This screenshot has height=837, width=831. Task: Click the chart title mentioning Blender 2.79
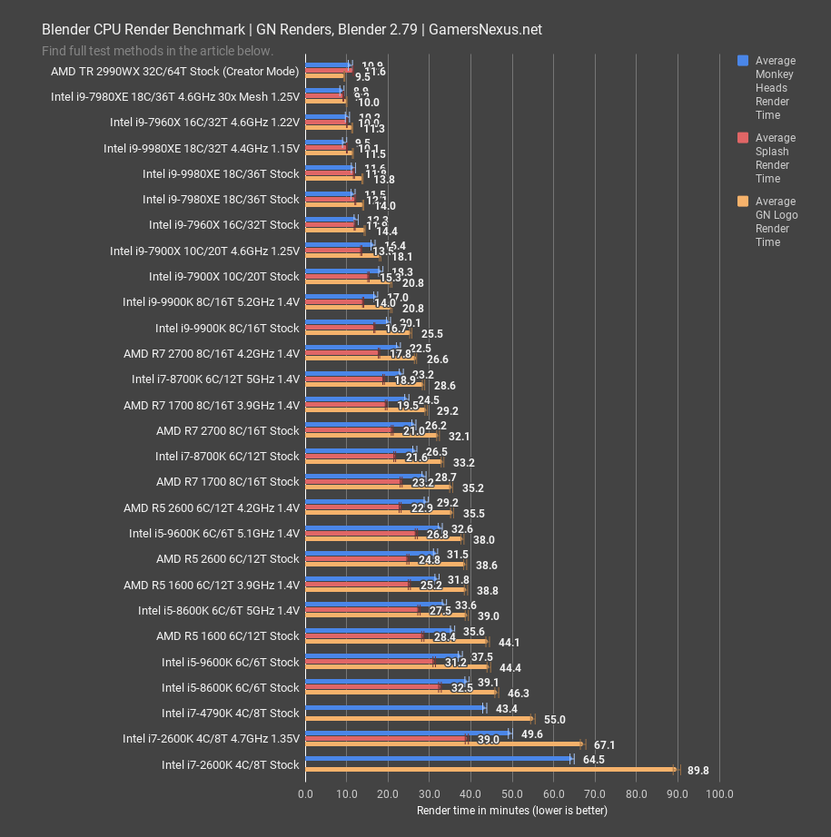point(292,29)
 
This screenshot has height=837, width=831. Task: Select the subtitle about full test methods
point(157,51)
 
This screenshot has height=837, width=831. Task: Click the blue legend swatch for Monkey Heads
point(742,61)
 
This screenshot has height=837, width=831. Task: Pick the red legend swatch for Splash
point(742,138)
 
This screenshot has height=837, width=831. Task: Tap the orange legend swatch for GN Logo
point(742,202)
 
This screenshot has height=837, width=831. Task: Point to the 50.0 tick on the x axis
point(513,793)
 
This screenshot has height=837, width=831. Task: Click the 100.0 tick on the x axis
point(719,793)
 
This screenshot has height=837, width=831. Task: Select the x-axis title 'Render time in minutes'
point(511,810)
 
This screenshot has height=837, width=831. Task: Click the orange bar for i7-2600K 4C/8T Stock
point(490,770)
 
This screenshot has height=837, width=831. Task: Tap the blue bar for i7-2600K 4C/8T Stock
point(439,758)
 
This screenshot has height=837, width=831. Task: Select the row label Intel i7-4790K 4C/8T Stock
point(230,713)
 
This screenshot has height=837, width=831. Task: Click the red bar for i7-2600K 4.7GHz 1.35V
point(386,739)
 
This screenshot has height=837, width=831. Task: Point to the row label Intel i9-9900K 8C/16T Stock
point(227,328)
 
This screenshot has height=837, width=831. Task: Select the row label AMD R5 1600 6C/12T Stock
point(227,635)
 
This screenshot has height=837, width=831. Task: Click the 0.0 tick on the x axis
point(306,793)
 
